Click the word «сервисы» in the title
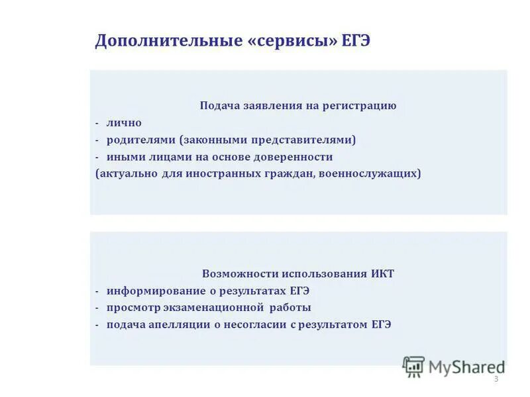293,41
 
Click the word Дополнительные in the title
170,41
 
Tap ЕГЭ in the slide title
356,41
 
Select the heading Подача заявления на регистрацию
298,106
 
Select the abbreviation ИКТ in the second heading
382,274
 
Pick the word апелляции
174,326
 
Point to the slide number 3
496,379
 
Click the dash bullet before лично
97,124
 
